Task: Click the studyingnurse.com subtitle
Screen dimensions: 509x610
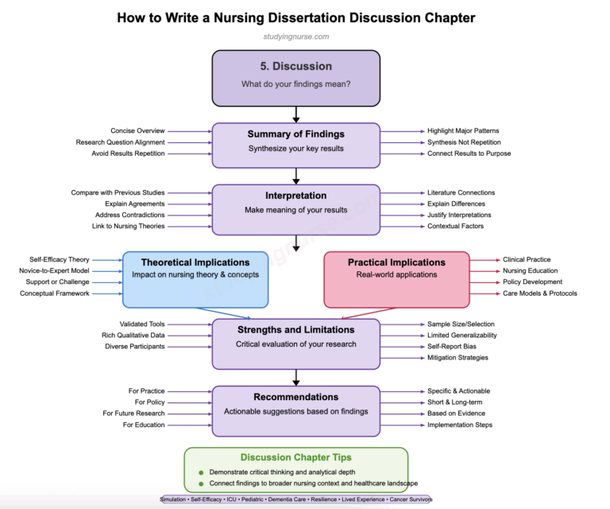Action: [x=295, y=37]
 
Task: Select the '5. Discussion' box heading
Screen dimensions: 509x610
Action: [x=295, y=66]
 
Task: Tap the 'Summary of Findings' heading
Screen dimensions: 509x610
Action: [x=295, y=134]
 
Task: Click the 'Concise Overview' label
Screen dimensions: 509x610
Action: [x=137, y=130]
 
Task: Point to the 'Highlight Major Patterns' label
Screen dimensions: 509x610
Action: [x=463, y=130]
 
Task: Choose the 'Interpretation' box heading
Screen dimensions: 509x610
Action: [x=295, y=196]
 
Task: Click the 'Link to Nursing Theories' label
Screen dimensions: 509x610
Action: [x=128, y=226]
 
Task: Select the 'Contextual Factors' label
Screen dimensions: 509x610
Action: [x=455, y=226]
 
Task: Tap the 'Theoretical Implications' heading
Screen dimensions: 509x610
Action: [x=195, y=262]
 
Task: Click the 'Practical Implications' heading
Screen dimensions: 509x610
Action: [x=397, y=262]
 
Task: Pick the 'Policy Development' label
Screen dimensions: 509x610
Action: [x=532, y=282]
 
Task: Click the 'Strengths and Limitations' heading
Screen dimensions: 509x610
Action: [x=295, y=329]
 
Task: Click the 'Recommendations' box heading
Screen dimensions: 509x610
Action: [x=295, y=397]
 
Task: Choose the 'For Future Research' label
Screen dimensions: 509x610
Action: [x=133, y=414]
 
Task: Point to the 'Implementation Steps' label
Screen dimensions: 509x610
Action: [x=459, y=425]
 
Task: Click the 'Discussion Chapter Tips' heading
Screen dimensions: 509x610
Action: [x=295, y=457]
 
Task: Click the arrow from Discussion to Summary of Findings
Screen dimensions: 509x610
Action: [x=295, y=115]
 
